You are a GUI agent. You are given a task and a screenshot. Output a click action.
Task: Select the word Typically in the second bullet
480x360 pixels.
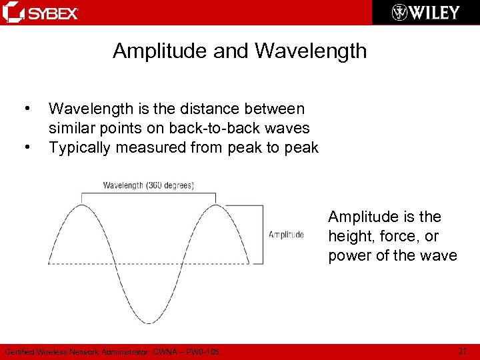point(82,147)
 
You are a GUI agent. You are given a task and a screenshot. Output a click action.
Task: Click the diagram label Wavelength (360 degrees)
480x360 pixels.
point(148,185)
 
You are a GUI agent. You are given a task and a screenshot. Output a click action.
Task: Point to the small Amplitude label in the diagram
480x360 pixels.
point(286,235)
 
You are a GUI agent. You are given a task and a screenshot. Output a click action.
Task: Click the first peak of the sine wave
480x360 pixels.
point(81,204)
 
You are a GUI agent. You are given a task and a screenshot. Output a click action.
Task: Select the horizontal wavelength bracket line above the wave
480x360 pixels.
point(148,194)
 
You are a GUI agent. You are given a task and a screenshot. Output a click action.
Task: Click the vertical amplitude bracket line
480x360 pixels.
point(263,234)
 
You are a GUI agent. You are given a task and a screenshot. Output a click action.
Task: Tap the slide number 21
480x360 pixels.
point(463,351)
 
